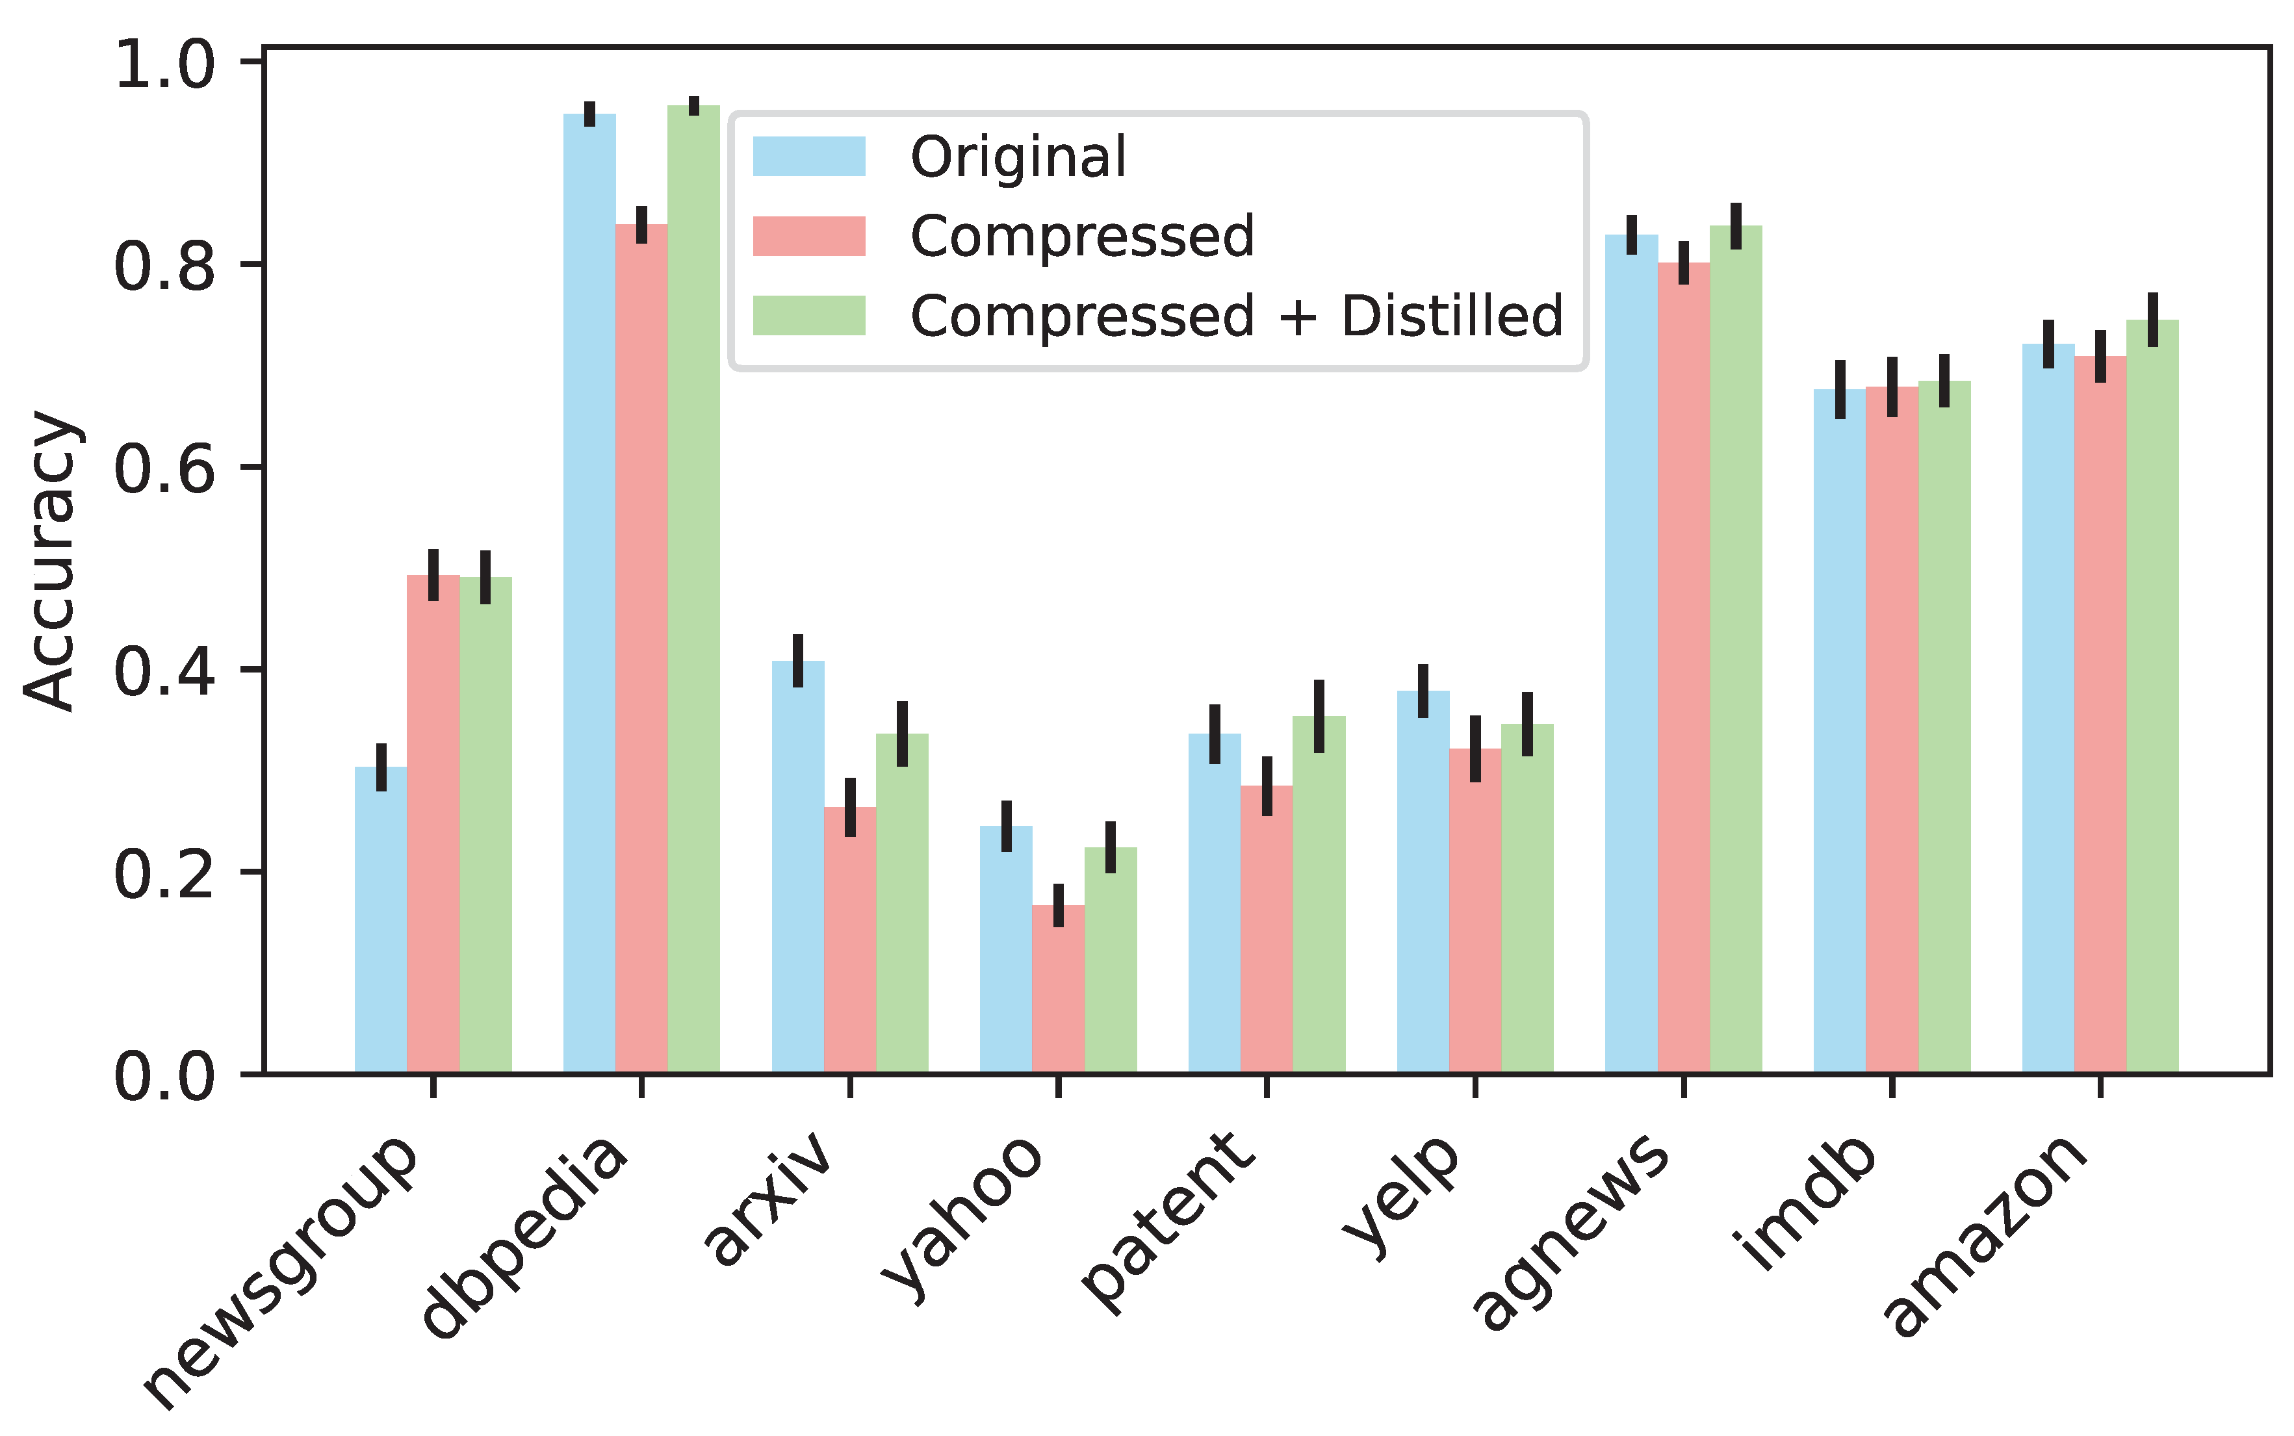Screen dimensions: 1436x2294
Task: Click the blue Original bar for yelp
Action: pyautogui.click(x=1423, y=882)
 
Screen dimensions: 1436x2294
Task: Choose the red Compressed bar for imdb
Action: pyautogui.click(x=1892, y=730)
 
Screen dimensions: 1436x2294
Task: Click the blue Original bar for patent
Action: pyautogui.click(x=1214, y=903)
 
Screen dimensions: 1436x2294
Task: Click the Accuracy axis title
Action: pyautogui.click(x=49, y=560)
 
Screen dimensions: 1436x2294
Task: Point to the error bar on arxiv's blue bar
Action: pyautogui.click(x=798, y=661)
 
